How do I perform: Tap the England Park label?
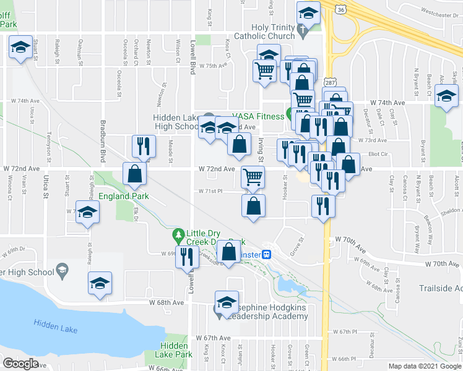(123, 197)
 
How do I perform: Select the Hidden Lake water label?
(56, 326)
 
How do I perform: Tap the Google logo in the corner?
(20, 364)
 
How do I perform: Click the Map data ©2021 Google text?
(425, 366)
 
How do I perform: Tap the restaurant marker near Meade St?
(142, 147)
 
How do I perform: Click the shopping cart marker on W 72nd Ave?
(253, 177)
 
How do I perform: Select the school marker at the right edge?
(446, 96)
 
